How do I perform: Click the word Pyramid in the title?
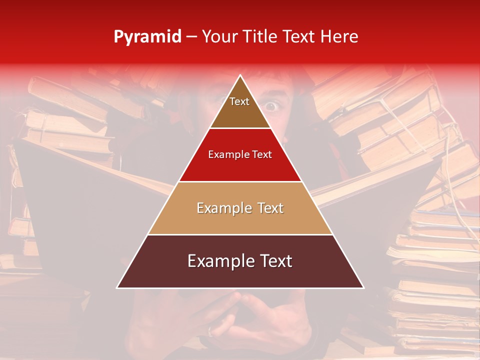click(147, 37)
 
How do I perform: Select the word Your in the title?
click(219, 36)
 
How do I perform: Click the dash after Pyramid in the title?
click(191, 37)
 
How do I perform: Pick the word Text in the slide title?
click(299, 36)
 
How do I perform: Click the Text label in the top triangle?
click(239, 101)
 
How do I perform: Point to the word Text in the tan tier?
click(270, 208)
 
